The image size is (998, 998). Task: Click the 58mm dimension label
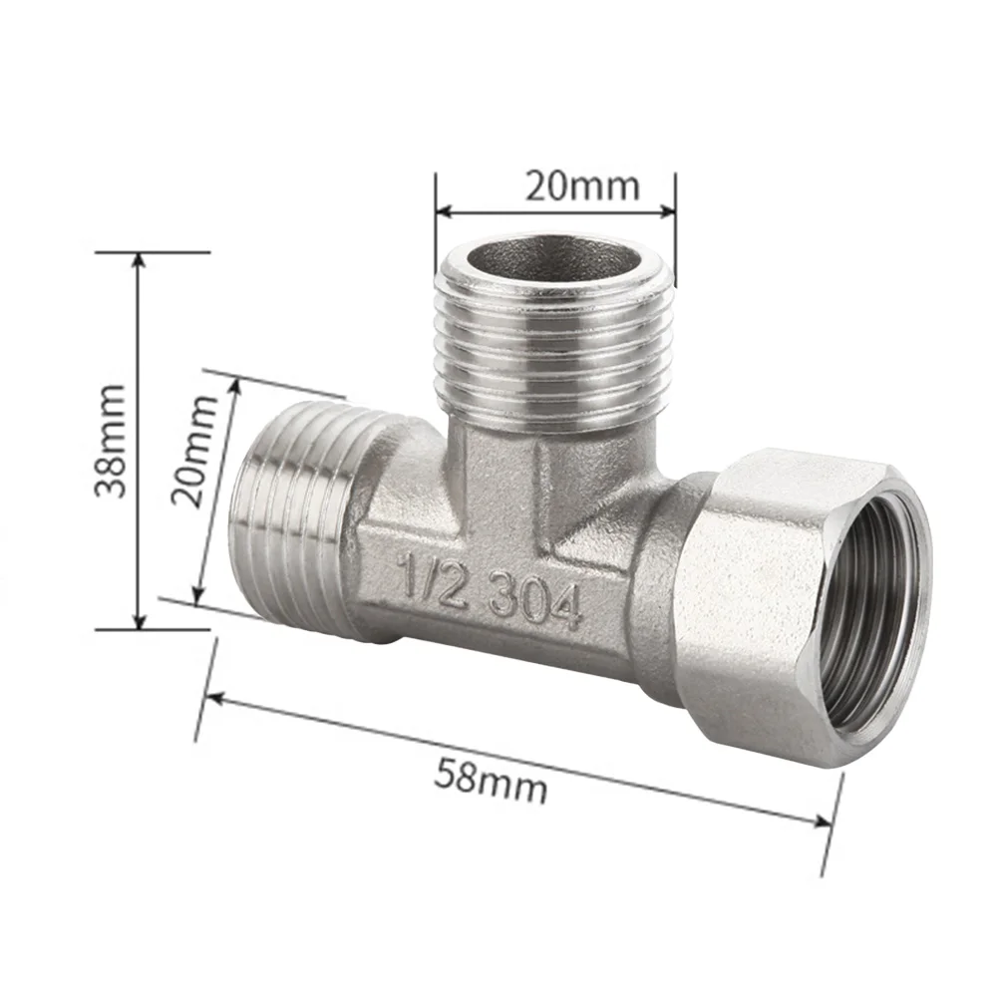point(491,781)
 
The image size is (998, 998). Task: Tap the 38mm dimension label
point(109,440)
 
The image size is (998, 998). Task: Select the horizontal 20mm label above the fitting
point(582,185)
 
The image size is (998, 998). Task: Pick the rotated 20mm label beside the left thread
point(200,450)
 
